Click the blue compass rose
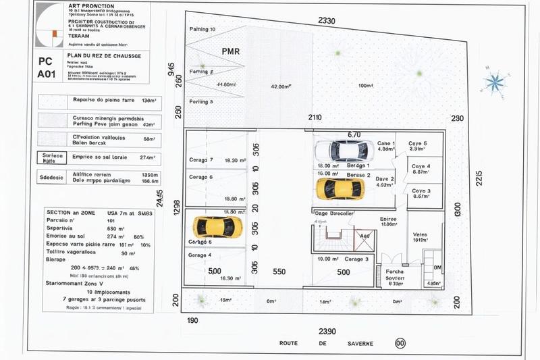[495, 82]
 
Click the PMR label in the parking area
[231, 51]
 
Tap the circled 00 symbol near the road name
[400, 343]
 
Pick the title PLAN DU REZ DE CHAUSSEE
[104, 55]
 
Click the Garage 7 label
[201, 160]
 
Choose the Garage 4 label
[200, 255]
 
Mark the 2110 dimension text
[315, 118]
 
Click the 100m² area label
[366, 86]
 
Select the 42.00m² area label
[280, 86]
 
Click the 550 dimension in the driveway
[279, 272]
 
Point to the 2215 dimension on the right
[479, 178]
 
